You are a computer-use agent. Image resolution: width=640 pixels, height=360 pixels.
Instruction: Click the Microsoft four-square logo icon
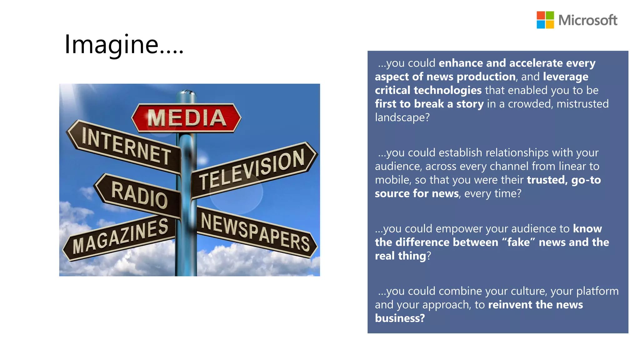pos(545,20)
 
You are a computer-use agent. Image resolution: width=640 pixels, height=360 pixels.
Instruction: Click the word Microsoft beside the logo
pos(587,20)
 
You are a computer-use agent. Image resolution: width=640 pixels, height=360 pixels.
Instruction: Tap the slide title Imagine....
pos(124,44)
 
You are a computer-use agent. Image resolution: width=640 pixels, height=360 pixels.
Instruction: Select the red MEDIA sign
pos(187,118)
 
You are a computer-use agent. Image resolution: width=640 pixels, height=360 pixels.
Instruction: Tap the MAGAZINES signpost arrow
pos(120,237)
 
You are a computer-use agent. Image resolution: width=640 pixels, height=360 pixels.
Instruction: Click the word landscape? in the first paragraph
pos(402,117)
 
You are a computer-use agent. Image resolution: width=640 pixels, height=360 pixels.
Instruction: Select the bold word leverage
pos(566,77)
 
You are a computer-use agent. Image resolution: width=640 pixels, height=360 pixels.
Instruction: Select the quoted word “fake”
pos(518,242)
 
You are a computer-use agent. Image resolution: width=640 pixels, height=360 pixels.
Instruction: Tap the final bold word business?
pos(400,318)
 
